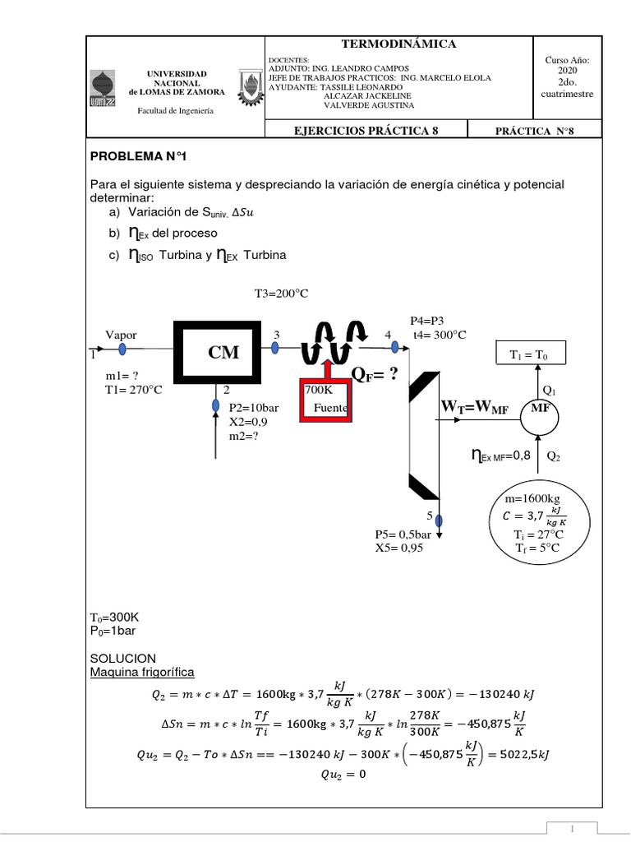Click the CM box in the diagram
tap(224, 352)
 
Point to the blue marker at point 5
tap(439, 520)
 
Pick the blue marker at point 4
tap(395, 347)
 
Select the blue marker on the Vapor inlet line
tap(122, 348)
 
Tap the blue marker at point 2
tap(215, 405)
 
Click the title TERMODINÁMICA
tap(398, 44)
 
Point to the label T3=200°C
tap(282, 293)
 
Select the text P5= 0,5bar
tap(403, 534)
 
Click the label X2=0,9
tap(248, 422)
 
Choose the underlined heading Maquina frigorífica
tap(141, 673)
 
